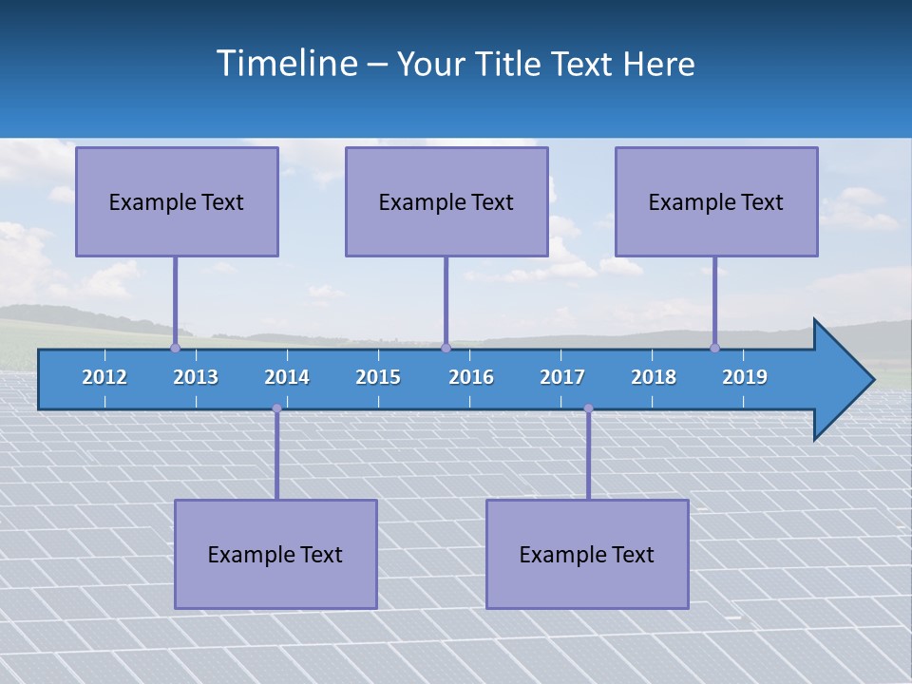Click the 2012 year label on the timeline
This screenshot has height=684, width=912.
104,377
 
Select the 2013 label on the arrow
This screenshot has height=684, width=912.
196,377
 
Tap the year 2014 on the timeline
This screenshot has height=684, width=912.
287,377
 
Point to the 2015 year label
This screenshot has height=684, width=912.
378,377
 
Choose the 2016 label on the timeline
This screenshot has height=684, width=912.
471,377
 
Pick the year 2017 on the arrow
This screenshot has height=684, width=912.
562,377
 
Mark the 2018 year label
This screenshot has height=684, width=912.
654,377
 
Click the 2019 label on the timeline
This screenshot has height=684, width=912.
745,377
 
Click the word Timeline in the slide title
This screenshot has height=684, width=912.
285,64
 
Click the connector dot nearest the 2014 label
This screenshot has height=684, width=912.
276,408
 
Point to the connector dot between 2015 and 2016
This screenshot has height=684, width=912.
446,348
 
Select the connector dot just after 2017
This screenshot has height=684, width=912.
588,408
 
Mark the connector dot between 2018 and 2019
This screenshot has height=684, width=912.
714,348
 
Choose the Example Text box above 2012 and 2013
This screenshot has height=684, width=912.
177,201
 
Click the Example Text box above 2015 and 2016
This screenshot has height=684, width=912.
446,201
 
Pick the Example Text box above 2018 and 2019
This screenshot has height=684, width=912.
716,201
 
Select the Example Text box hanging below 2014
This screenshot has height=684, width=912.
275,554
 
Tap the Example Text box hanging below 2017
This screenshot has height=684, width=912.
587,554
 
